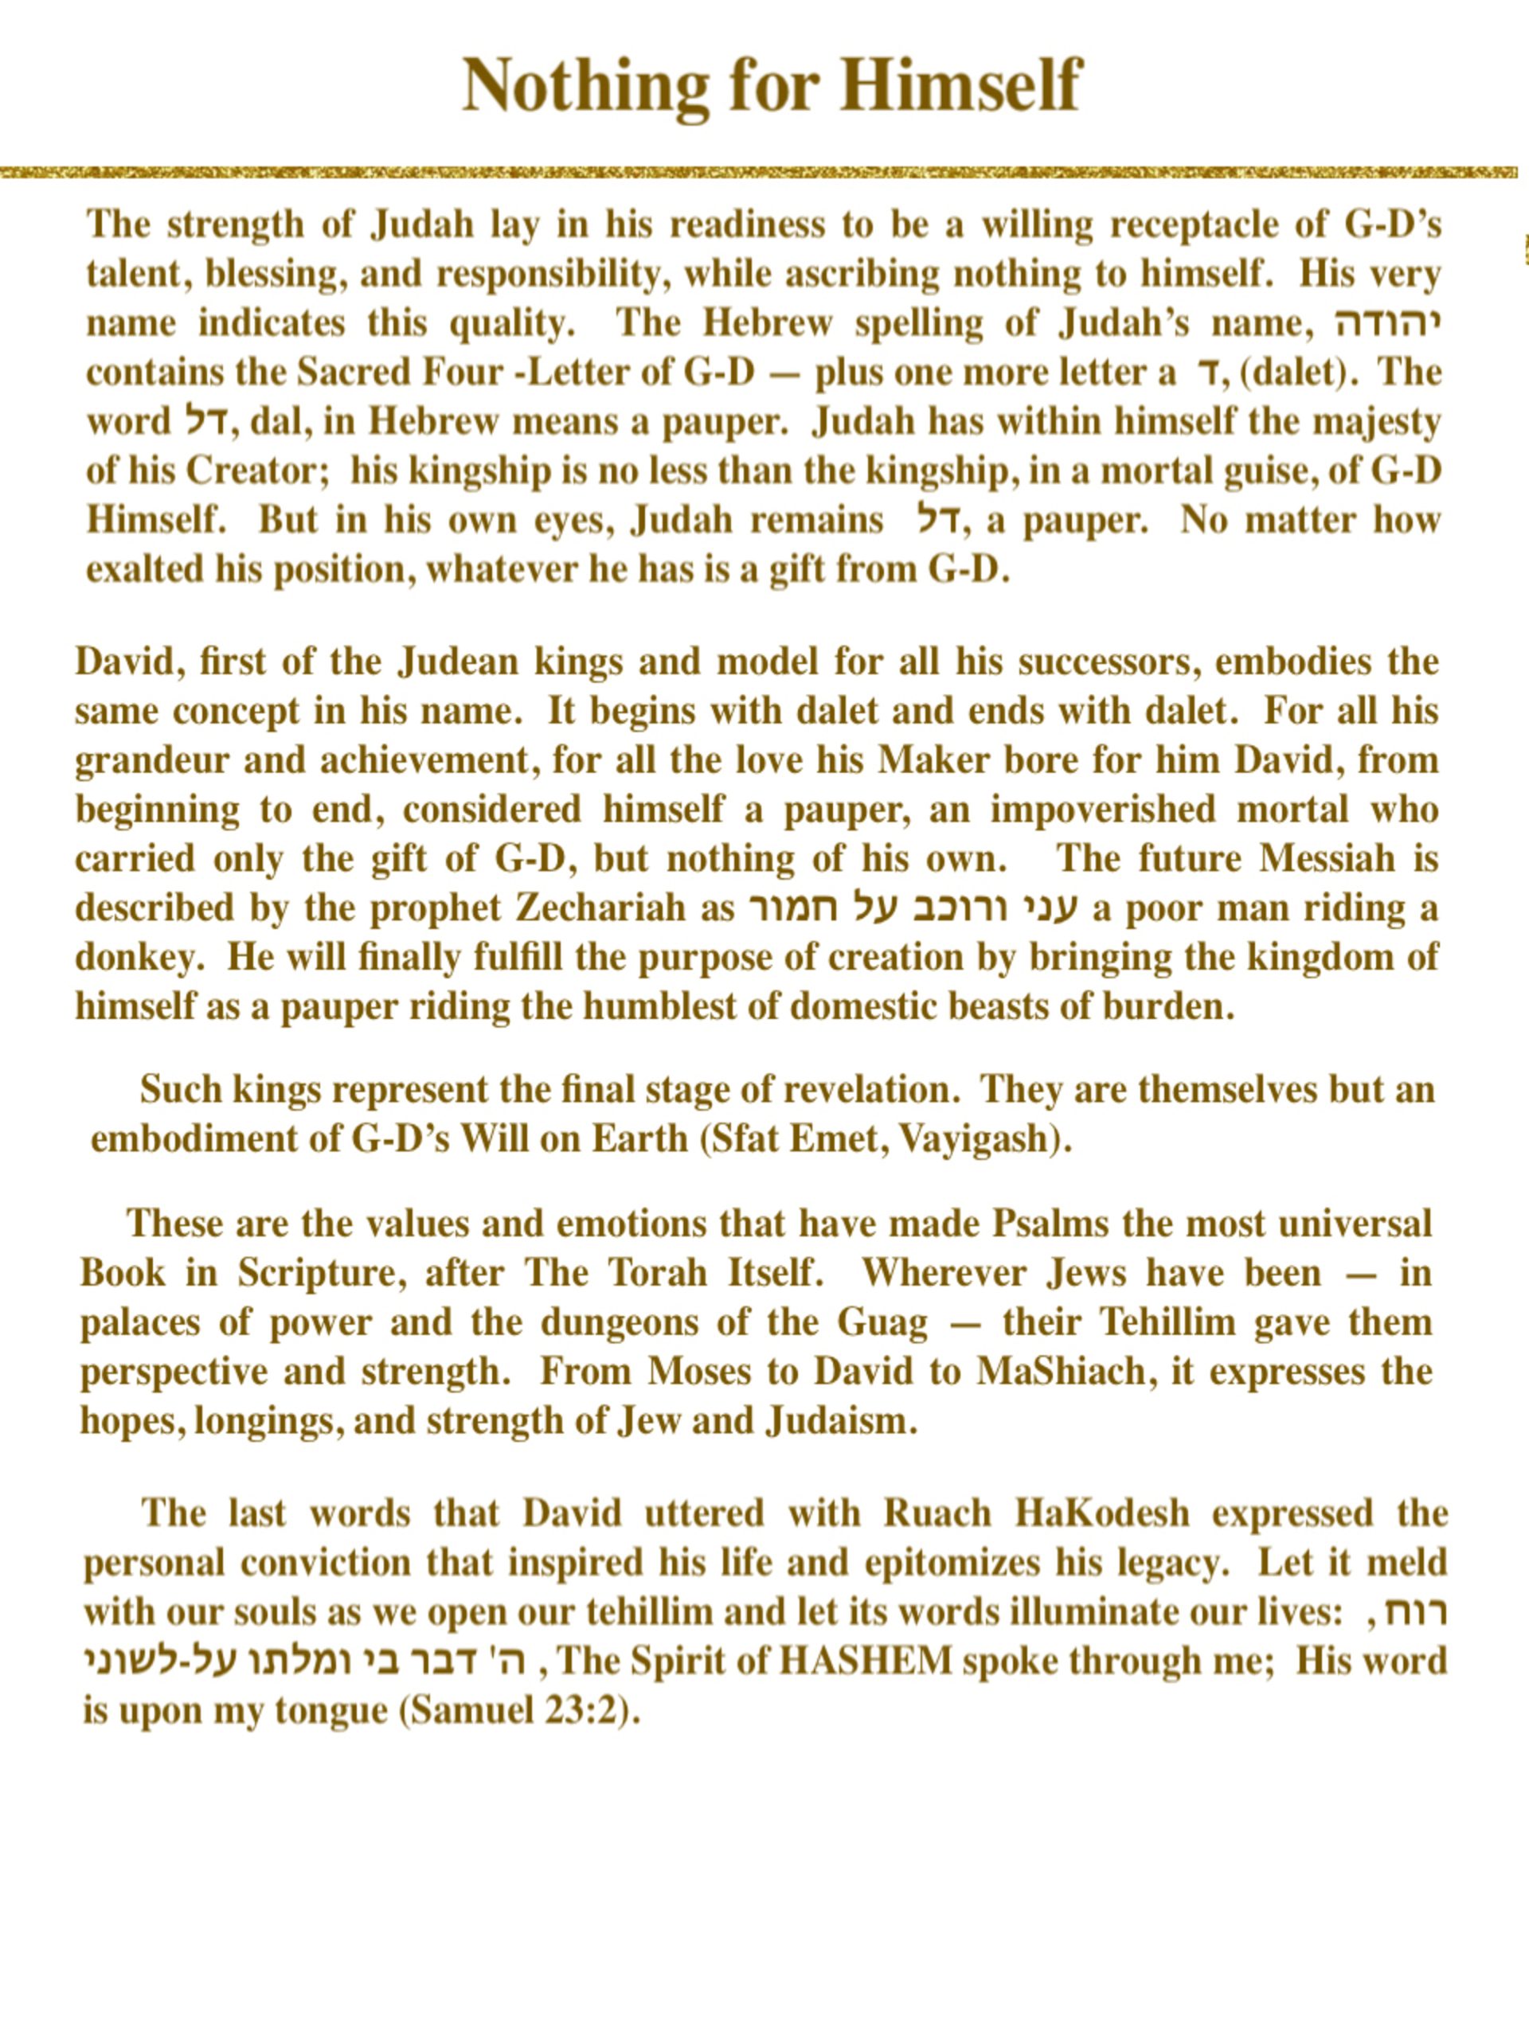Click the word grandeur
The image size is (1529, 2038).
pos(151,760)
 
